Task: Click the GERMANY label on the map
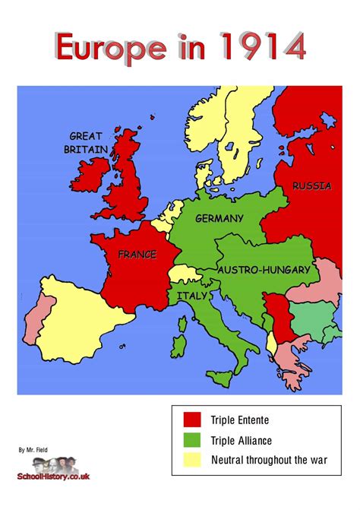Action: coord(219,219)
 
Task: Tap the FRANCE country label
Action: coord(136,255)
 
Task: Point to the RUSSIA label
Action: coord(311,186)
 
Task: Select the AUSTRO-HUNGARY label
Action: coord(264,270)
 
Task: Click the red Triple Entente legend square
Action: coord(192,420)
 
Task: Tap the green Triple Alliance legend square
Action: coord(192,440)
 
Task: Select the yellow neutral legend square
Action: coord(192,460)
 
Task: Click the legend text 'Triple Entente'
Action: coord(240,420)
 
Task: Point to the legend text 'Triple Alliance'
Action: coord(242,440)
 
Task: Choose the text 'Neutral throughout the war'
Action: coord(270,460)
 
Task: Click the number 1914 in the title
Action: coord(260,47)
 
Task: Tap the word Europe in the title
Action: coord(109,47)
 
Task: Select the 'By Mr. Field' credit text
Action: coord(33,450)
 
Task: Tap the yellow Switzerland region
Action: coord(181,274)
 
